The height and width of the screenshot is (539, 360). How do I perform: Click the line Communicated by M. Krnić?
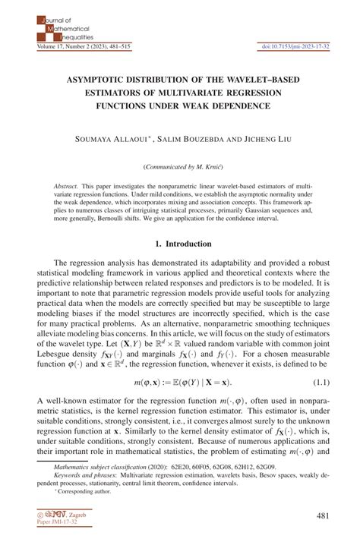coord(181,165)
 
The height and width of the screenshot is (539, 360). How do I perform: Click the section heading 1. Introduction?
coord(181,244)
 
